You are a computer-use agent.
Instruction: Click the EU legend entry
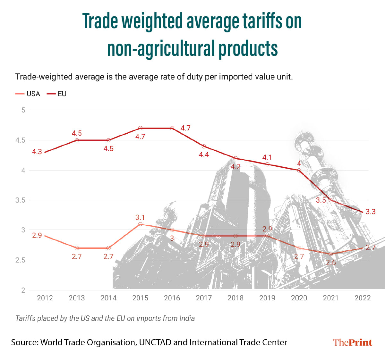point(57,94)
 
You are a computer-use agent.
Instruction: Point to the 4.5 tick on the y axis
point(20,140)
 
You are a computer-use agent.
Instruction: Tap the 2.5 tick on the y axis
point(20,260)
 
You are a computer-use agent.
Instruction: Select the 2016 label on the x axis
point(172,298)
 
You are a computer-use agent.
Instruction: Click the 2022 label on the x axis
point(363,298)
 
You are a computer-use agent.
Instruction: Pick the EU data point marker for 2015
point(140,128)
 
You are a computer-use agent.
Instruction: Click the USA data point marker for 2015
point(140,224)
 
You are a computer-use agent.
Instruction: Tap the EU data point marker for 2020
point(299,170)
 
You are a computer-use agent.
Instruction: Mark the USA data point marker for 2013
point(77,248)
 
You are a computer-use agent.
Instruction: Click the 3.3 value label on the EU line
point(371,212)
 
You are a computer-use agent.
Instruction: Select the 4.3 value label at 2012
point(37,152)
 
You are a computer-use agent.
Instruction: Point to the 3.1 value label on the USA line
point(140,217)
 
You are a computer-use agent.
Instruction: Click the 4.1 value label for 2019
point(267,157)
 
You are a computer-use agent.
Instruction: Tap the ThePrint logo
point(353,342)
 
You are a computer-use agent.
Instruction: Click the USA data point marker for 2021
point(331,254)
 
